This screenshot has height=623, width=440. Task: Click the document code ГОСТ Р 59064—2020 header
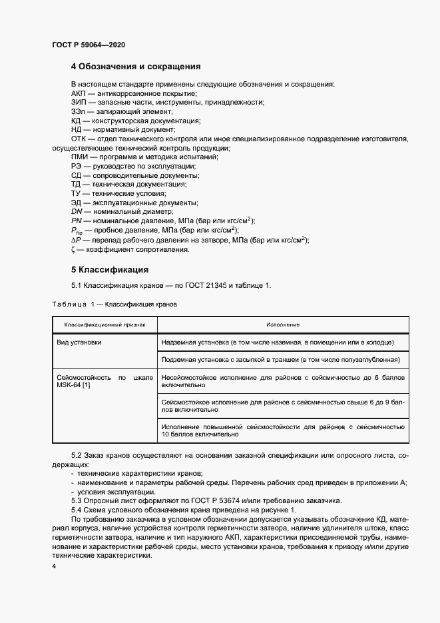click(89, 45)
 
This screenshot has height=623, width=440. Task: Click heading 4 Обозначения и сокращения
click(136, 67)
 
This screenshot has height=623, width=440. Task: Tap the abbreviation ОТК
click(79, 138)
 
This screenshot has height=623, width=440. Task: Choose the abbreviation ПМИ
click(80, 156)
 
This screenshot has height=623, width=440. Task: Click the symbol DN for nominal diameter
click(77, 211)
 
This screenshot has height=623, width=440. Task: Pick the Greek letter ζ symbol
click(73, 250)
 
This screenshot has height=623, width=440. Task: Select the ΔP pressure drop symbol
click(76, 240)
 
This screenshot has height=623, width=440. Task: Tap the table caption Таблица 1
click(69, 304)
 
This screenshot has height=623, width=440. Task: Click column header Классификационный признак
click(105, 324)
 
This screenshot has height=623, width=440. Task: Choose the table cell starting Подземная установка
click(280, 360)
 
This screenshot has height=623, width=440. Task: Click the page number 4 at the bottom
click(54, 565)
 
